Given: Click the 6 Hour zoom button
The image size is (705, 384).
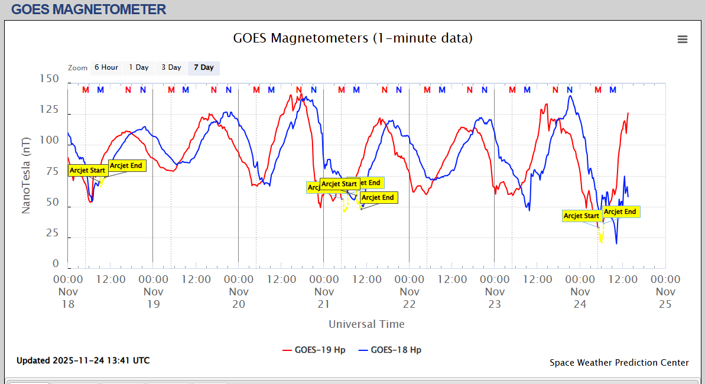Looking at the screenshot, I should pyautogui.click(x=106, y=67).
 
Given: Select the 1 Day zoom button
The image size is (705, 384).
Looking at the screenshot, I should pyautogui.click(x=139, y=67).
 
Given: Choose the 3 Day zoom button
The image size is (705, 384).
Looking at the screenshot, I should pyautogui.click(x=171, y=67).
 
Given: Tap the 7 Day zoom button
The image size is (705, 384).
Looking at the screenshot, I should pyautogui.click(x=204, y=67).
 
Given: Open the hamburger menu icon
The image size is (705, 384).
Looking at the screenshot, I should pyautogui.click(x=683, y=39).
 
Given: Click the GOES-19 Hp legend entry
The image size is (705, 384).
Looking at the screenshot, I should pyautogui.click(x=314, y=350).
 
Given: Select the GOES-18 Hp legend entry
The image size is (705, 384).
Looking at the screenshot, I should pyautogui.click(x=390, y=350).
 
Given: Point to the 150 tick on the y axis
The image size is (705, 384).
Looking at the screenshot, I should pyautogui.click(x=48, y=79).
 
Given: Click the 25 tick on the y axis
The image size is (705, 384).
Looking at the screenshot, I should pyautogui.click(x=52, y=233).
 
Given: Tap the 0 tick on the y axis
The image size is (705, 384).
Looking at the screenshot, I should pyautogui.click(x=56, y=264).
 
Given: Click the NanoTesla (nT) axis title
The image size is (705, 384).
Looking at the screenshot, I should pyautogui.click(x=26, y=180).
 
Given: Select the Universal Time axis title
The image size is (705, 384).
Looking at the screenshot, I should pyautogui.click(x=366, y=324).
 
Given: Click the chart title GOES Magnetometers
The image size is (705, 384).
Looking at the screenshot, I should pyautogui.click(x=353, y=38).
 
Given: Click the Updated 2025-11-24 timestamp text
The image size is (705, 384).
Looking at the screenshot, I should pyautogui.click(x=83, y=360).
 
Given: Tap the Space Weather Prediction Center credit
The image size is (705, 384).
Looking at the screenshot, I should pyautogui.click(x=619, y=363).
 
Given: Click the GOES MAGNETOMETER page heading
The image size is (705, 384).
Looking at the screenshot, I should pyautogui.click(x=89, y=9).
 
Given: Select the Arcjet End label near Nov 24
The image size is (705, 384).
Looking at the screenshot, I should pyautogui.click(x=620, y=211).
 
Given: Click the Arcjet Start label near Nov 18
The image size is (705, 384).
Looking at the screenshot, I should pyautogui.click(x=87, y=170).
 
